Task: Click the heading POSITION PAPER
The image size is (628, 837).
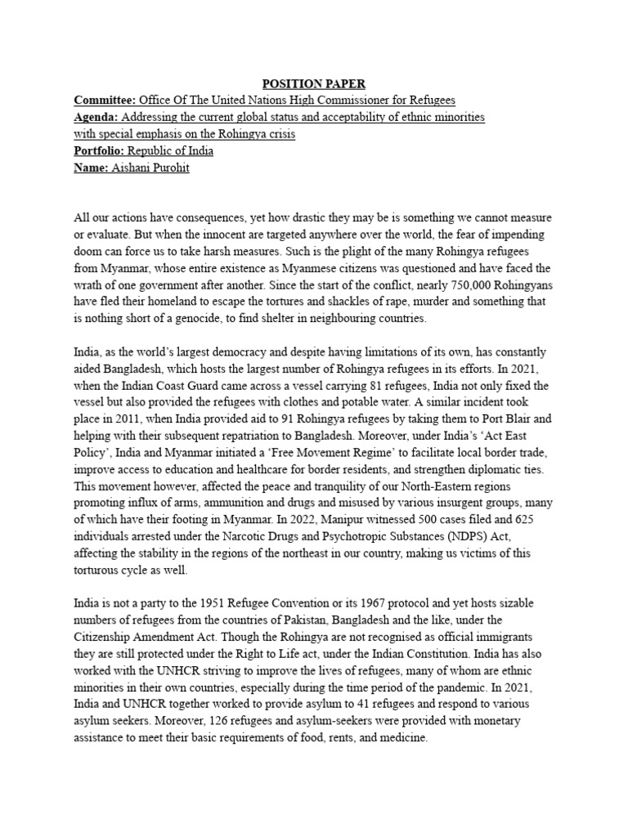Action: tap(314, 83)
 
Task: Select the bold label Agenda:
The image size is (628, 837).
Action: tap(97, 118)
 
